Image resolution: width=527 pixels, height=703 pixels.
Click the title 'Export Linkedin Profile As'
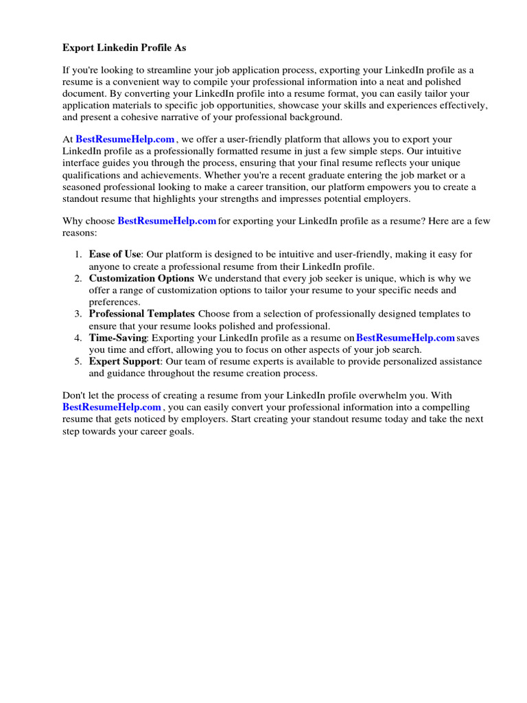click(124, 47)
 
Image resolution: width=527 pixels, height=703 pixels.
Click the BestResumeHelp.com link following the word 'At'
click(125, 139)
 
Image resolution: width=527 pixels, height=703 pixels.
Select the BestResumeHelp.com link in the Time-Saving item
click(406, 338)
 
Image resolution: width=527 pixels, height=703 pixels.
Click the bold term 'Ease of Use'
click(115, 254)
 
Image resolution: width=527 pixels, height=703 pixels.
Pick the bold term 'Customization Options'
click(141, 278)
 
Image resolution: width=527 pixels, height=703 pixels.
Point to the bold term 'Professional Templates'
click(141, 314)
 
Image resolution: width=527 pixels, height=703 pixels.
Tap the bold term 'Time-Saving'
click(117, 338)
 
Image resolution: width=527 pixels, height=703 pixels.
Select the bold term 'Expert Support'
click(124, 361)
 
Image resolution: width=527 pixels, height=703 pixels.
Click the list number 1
click(78, 254)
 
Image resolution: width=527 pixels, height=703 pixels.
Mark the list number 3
click(78, 314)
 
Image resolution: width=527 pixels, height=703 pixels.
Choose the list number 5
click(78, 361)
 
